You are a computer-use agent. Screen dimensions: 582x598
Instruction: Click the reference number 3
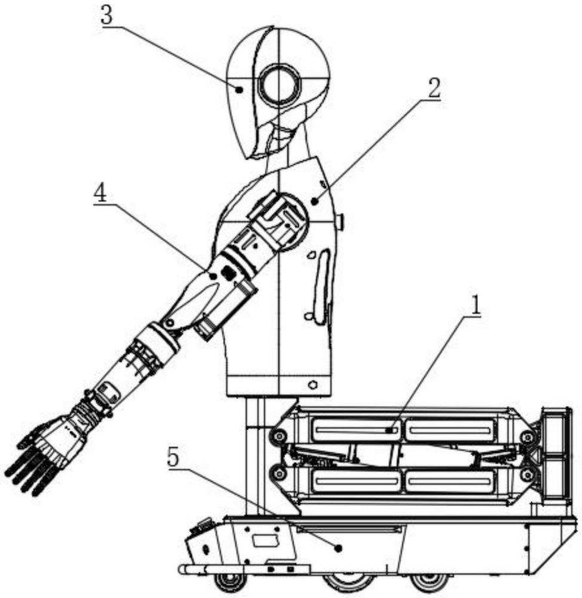coord(107,16)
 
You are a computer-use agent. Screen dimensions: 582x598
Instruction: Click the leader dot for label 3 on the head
coord(240,90)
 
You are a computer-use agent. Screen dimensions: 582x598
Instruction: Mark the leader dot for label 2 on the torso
coord(314,201)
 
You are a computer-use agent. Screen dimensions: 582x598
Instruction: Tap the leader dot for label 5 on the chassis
coord(338,548)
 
